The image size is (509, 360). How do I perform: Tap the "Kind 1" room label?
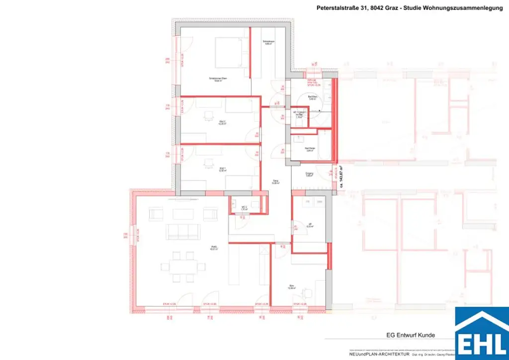tap(222, 169)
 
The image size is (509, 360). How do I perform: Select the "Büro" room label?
tap(292, 286)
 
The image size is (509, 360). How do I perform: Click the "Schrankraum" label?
tap(269, 42)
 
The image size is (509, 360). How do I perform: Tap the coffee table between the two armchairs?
tap(181, 214)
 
